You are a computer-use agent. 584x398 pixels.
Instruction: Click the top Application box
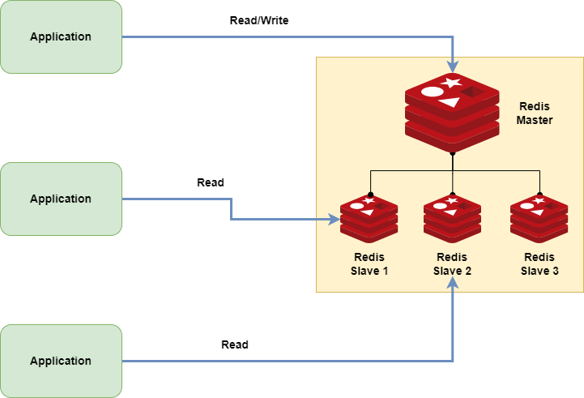pos(61,36)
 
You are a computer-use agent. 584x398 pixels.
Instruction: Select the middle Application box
pos(61,199)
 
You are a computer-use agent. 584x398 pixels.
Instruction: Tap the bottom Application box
pos(61,361)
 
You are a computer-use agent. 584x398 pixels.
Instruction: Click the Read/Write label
pos(259,20)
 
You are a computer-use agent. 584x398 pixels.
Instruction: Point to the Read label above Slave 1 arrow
pos(211,182)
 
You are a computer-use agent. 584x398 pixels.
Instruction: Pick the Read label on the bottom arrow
pos(235,345)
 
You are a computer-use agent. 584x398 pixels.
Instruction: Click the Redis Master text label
pos(535,113)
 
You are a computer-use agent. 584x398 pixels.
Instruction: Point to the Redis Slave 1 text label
pos(369,263)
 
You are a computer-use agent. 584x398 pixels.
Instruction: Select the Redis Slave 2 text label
pos(452,263)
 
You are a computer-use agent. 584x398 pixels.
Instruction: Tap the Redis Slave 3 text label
pos(539,263)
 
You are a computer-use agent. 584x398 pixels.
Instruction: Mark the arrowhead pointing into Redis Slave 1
pos(334,219)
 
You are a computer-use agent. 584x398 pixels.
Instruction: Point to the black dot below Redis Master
pos(452,152)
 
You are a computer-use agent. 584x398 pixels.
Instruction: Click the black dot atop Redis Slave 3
pos(539,195)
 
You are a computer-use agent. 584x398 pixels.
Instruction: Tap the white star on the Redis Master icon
pos(452,83)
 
